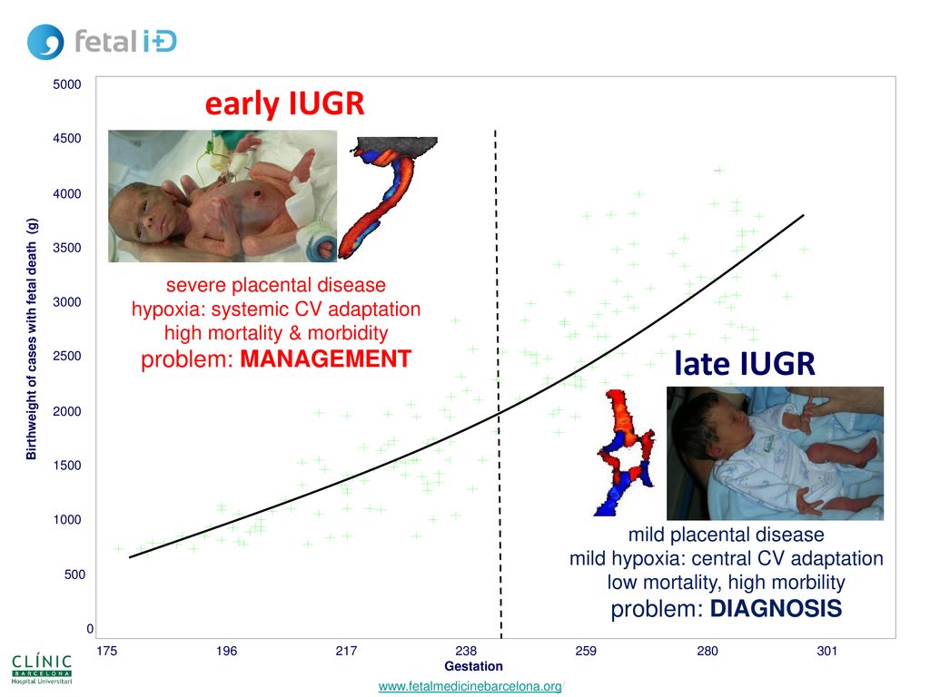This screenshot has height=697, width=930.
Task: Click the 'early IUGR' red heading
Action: click(284, 103)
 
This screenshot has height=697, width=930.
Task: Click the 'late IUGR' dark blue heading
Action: click(745, 363)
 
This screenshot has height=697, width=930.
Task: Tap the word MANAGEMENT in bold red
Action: click(326, 358)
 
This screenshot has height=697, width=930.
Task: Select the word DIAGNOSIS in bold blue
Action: click(776, 609)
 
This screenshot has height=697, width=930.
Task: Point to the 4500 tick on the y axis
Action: click(67, 138)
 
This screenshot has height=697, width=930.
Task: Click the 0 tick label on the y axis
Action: click(90, 628)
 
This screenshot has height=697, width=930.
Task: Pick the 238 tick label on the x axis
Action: click(466, 651)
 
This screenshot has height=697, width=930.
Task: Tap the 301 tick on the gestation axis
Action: click(826, 651)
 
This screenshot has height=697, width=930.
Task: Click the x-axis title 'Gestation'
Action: click(473, 666)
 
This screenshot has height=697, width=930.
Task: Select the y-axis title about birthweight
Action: click(32, 339)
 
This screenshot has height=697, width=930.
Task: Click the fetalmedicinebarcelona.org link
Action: click(470, 686)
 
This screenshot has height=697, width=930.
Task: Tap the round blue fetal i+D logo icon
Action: click(45, 42)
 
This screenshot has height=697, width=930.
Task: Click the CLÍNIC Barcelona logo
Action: click(42, 669)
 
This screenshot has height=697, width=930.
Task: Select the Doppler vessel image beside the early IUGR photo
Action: click(389, 197)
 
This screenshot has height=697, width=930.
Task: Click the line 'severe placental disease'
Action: click(276, 285)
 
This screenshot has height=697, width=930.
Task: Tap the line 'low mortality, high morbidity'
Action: click(726, 582)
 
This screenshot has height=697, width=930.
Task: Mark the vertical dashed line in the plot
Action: click(499, 384)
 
